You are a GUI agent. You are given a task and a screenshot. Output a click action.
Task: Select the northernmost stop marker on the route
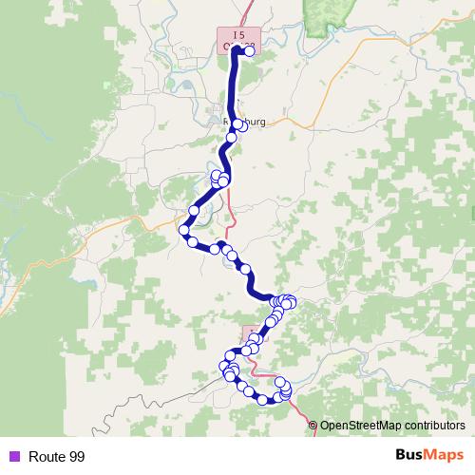[x=250, y=51]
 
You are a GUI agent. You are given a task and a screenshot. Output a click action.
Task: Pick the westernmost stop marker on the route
[x=183, y=230]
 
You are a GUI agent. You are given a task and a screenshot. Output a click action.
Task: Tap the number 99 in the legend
[x=77, y=456]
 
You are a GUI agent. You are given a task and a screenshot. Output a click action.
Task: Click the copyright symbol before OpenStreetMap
[x=313, y=426]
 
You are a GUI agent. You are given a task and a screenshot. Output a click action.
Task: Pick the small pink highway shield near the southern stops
[x=249, y=334]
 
